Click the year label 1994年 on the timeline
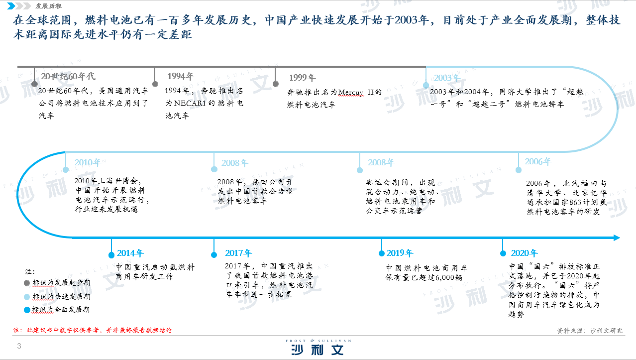click(x=181, y=76)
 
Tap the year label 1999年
click(x=302, y=78)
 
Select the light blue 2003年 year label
click(x=447, y=78)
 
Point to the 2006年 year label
click(x=538, y=161)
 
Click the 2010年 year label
click(x=88, y=162)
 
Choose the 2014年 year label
click(x=130, y=253)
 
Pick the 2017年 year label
click(x=238, y=253)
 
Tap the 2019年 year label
click(x=400, y=253)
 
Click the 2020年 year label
click(x=524, y=253)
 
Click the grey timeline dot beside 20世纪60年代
click(x=34, y=84)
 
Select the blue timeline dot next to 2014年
click(x=111, y=255)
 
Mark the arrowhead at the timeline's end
click(x=620, y=238)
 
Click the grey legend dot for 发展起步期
click(x=27, y=283)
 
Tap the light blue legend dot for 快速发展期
click(x=27, y=297)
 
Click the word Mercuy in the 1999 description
click(x=351, y=92)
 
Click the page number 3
click(x=19, y=346)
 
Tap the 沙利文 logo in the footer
click(x=318, y=347)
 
